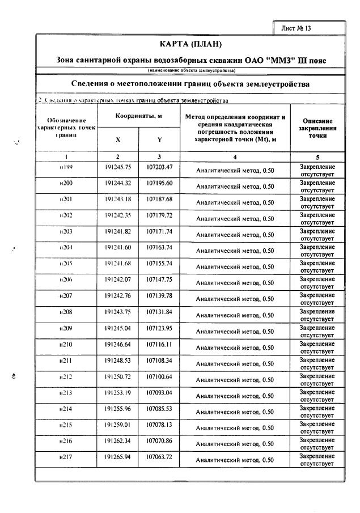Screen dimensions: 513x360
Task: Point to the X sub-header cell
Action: (118, 139)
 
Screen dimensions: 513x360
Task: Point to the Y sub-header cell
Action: (159, 139)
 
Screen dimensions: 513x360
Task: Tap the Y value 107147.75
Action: (159, 279)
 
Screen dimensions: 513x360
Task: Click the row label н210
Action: (67, 344)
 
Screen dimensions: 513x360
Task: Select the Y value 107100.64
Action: (159, 376)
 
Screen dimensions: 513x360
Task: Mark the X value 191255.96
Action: (118, 409)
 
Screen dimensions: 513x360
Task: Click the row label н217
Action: (67, 456)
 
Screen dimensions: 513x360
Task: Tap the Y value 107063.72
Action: (159, 456)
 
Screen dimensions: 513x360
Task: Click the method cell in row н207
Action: (235, 298)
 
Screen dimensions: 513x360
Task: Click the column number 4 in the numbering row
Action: (235, 156)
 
